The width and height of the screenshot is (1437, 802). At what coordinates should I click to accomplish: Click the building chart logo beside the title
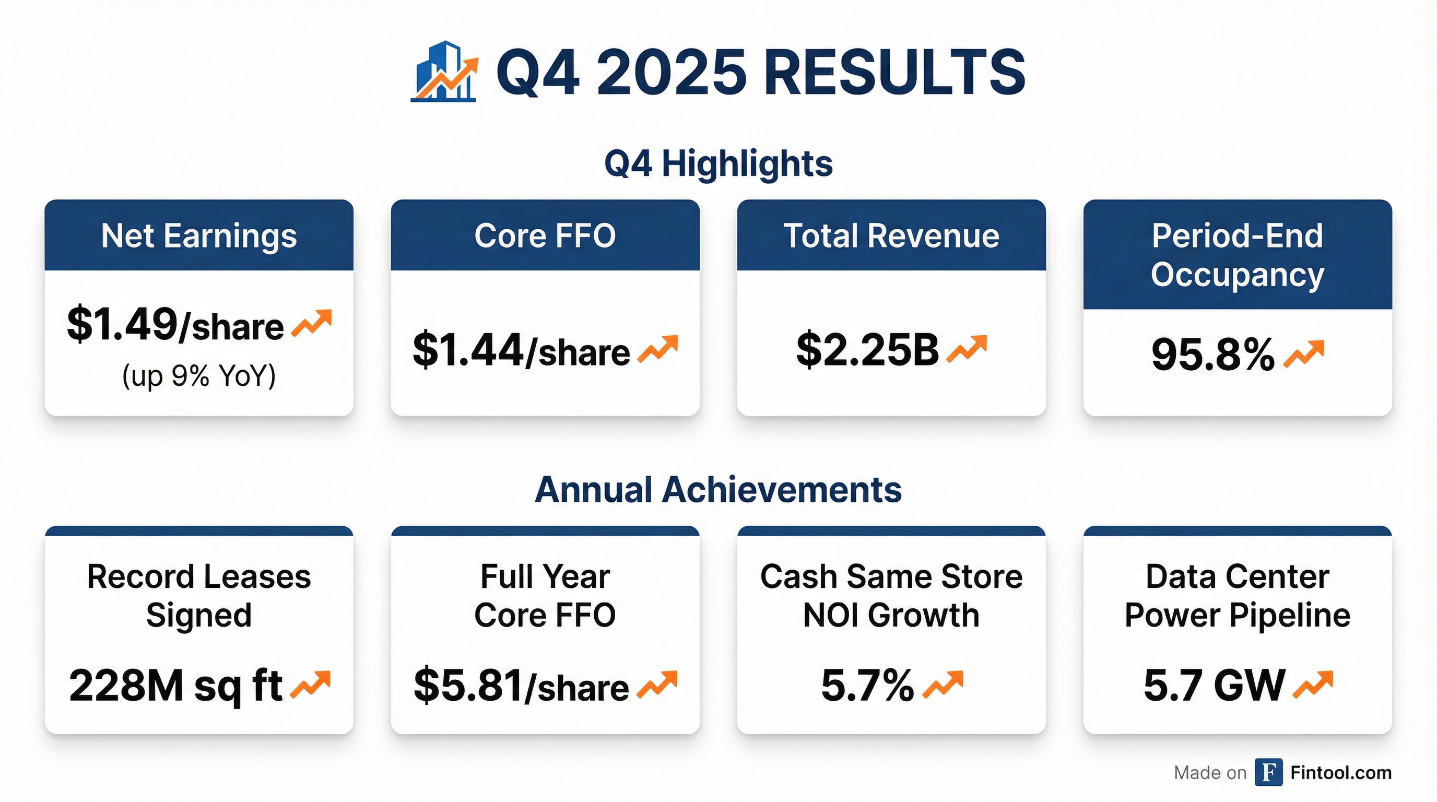click(x=444, y=72)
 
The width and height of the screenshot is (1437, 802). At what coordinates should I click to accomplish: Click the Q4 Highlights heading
click(x=718, y=163)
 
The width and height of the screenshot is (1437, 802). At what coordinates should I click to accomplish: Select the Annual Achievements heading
click(x=718, y=490)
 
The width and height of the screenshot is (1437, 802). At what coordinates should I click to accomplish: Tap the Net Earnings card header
click(x=199, y=235)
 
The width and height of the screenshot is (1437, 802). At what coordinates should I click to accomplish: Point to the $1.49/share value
click(x=175, y=325)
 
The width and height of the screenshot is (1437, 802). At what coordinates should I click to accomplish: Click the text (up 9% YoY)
click(x=199, y=376)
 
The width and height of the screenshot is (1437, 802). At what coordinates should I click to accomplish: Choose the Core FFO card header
click(x=545, y=235)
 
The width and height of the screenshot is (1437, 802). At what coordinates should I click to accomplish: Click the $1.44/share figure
click(x=521, y=351)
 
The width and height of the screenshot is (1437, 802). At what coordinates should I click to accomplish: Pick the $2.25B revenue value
click(x=867, y=350)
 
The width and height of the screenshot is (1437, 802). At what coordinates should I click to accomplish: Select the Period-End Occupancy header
click(x=1238, y=254)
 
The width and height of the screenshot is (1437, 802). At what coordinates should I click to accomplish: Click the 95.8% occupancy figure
click(x=1213, y=354)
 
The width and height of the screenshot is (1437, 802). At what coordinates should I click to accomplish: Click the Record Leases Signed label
click(x=199, y=596)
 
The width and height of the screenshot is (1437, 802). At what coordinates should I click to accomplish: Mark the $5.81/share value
click(x=521, y=686)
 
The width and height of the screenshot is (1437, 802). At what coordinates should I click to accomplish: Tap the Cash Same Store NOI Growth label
click(x=891, y=596)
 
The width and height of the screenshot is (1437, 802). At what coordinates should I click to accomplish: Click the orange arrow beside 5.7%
click(x=943, y=684)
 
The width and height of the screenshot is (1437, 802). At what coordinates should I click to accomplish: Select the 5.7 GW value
click(x=1215, y=686)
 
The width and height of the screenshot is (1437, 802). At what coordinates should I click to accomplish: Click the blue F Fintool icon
click(x=1268, y=772)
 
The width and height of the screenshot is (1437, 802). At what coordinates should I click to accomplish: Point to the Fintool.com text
click(x=1341, y=773)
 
